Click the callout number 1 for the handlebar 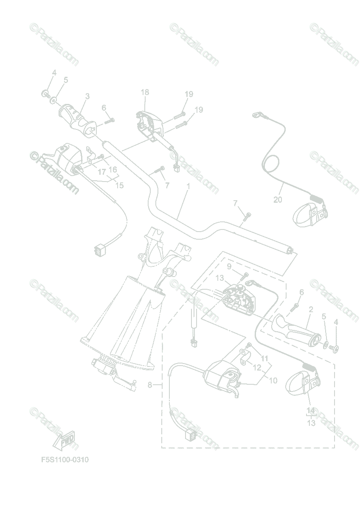(x=188, y=186)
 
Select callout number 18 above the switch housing (x=145, y=92)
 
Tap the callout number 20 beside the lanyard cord (x=277, y=200)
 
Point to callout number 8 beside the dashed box (x=149, y=385)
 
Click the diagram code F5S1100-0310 (x=65, y=460)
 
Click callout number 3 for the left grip (x=87, y=97)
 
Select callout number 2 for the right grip (x=311, y=310)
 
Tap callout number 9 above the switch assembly (x=229, y=266)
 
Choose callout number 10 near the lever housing (x=273, y=380)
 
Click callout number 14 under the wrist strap (x=311, y=410)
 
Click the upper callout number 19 (x=189, y=94)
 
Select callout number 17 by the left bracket (x=102, y=172)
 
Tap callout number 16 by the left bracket (x=113, y=169)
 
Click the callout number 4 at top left (x=54, y=73)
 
